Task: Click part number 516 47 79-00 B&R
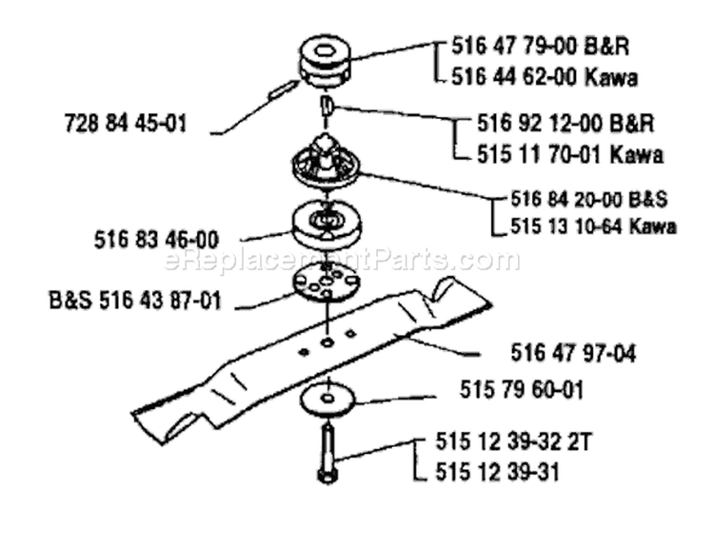click(x=541, y=46)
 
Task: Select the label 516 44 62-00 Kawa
click(x=545, y=77)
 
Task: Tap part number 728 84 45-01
click(x=126, y=124)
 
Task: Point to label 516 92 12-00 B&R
click(x=565, y=124)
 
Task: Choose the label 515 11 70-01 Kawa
click(x=569, y=155)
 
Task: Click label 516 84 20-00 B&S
click(x=588, y=200)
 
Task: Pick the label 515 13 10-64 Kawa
click(x=593, y=226)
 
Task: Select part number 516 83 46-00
click(x=157, y=240)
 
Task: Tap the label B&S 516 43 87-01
click(x=135, y=301)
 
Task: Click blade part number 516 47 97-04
click(x=573, y=353)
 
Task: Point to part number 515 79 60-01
click(x=522, y=390)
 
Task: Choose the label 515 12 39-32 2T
click(x=513, y=441)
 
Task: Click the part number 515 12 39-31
click(x=497, y=472)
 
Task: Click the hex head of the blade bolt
click(x=327, y=477)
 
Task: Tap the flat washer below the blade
click(x=327, y=400)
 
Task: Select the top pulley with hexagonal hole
click(x=326, y=61)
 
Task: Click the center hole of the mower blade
click(x=327, y=342)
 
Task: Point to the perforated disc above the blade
click(x=327, y=284)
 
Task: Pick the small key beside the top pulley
click(x=282, y=88)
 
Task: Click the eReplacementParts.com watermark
click(x=342, y=261)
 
